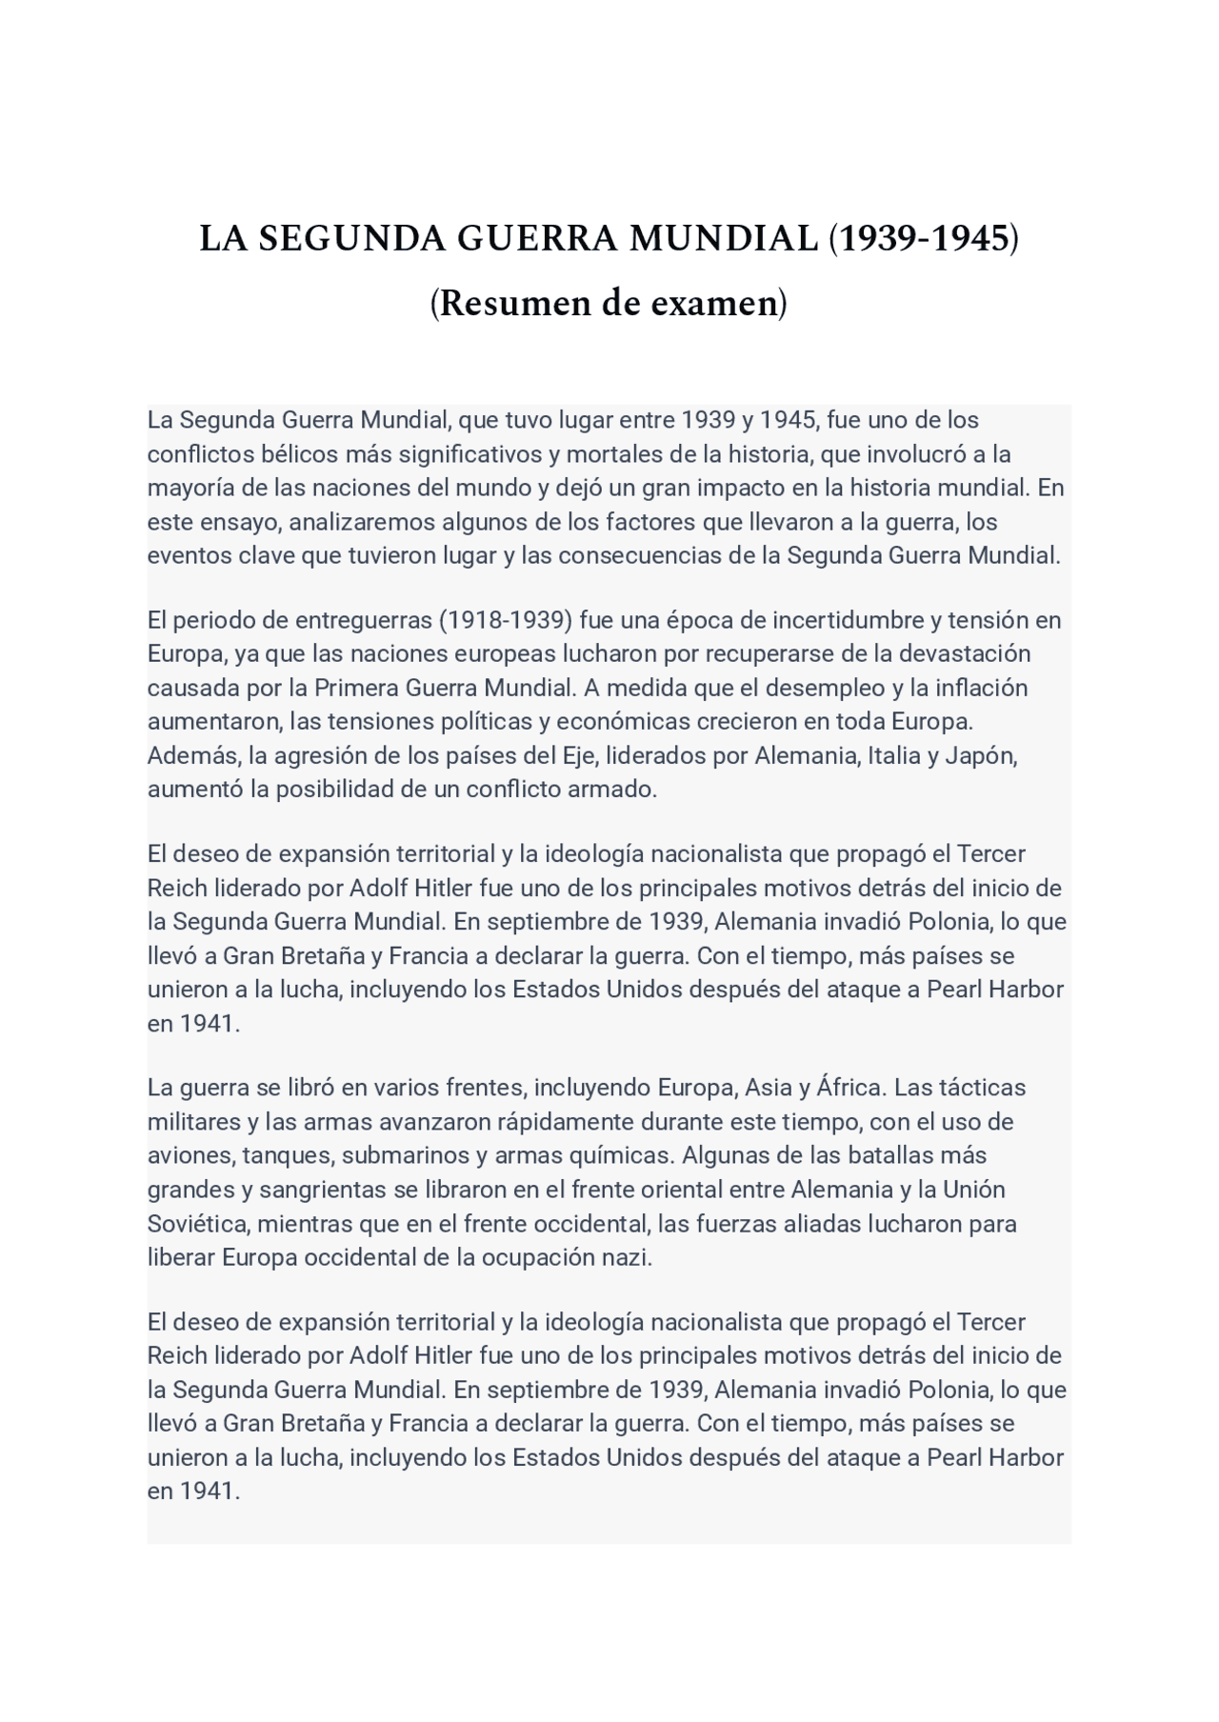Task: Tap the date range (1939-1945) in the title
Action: pos(923,238)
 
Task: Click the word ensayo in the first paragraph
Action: pos(239,522)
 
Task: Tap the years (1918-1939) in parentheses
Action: pos(506,620)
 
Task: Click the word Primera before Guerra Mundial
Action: pos(356,688)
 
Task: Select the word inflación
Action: pos(982,688)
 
